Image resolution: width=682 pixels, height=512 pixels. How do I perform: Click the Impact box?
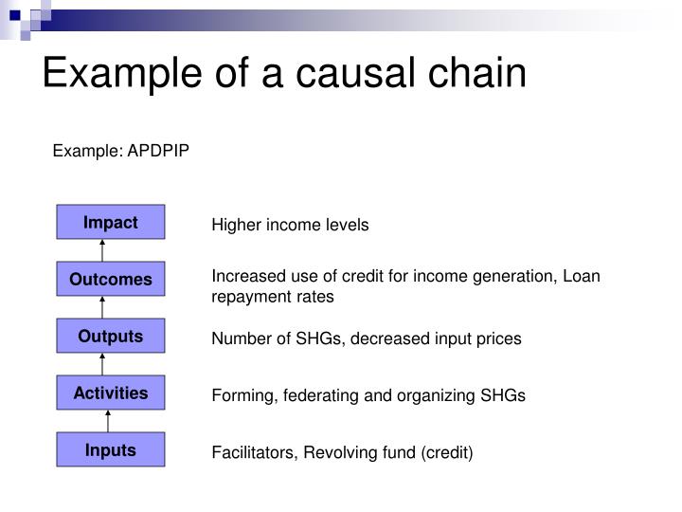[x=111, y=222]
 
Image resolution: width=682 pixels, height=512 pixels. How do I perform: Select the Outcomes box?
[x=111, y=279]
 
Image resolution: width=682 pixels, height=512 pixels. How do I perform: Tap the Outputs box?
[x=111, y=336]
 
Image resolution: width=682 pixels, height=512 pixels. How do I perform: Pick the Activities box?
[x=111, y=393]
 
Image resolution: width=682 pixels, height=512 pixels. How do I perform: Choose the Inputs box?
[x=111, y=449]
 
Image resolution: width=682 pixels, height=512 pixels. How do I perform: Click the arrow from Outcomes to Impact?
[x=102, y=250]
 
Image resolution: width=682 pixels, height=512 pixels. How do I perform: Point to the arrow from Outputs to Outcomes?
[x=102, y=307]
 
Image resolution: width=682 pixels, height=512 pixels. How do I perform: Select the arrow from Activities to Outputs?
[x=102, y=364]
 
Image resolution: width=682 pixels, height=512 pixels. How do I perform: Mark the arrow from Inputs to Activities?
[x=108, y=421]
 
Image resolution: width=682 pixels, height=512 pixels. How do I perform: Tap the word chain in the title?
[x=477, y=72]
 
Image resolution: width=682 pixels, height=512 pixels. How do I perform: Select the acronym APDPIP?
[x=158, y=151]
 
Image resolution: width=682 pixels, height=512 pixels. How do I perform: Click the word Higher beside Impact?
[x=236, y=225]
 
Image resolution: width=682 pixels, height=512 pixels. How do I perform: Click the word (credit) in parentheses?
[x=447, y=453]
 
